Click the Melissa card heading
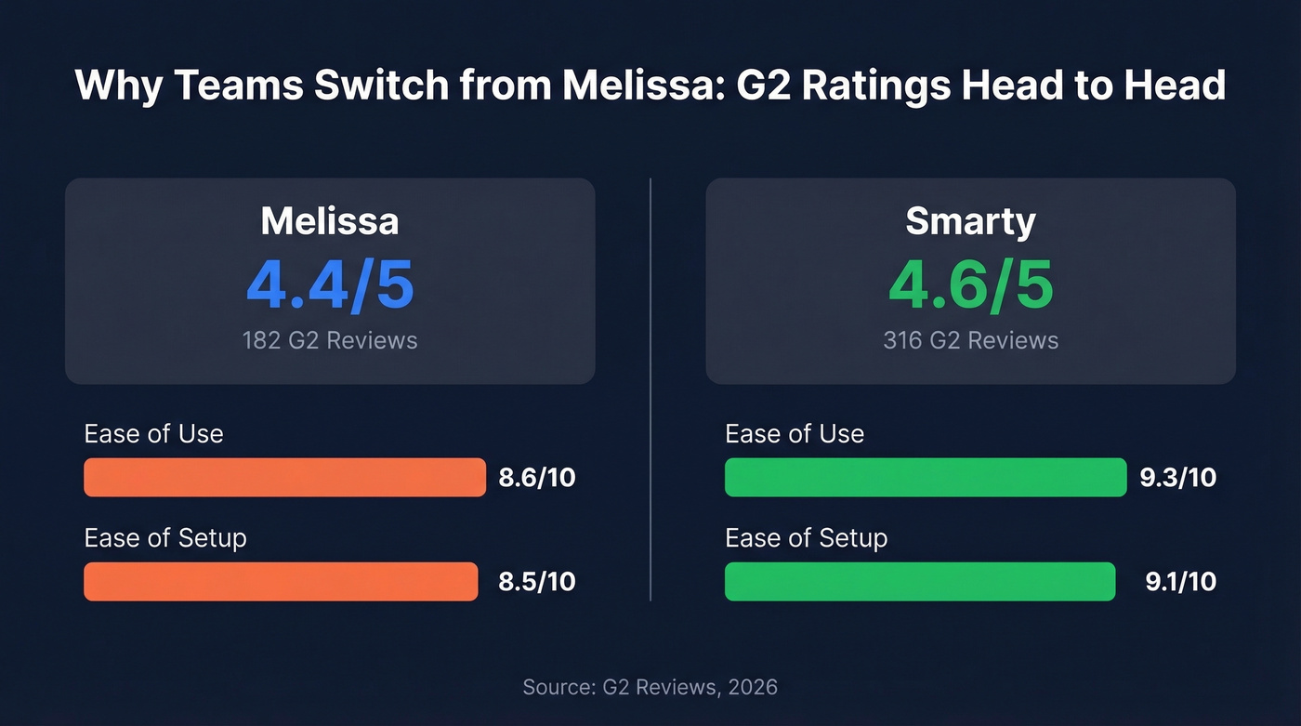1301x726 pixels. coord(329,221)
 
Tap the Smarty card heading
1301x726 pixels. coord(970,221)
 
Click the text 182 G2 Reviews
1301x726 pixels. coord(329,340)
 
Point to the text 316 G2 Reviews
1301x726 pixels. coord(970,340)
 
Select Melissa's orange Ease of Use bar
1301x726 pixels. coord(284,477)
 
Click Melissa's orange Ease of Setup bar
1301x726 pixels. coord(281,581)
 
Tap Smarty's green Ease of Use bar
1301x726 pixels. coord(926,477)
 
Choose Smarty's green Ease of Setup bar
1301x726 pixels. coord(920,581)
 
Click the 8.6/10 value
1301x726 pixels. coord(537,478)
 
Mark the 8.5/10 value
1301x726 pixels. coord(537,582)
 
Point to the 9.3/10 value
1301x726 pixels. coord(1177,478)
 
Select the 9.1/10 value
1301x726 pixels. coord(1180,582)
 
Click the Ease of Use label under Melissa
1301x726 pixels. coord(153,434)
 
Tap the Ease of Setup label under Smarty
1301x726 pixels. coord(806,538)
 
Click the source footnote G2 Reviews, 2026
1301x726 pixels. coord(650,688)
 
